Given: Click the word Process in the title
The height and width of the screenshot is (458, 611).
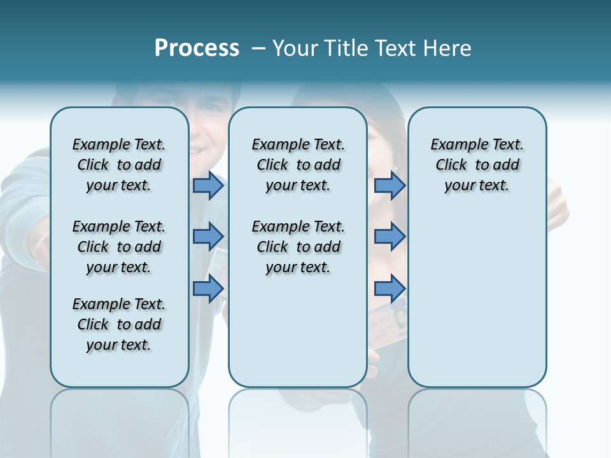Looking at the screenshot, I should coord(197,48).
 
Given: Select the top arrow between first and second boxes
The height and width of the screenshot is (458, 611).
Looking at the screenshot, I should coord(208,186).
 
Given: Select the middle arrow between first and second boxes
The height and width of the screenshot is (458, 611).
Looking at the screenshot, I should coord(208,237).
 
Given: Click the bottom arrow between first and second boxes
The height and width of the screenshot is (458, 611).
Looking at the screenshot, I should coord(208,288).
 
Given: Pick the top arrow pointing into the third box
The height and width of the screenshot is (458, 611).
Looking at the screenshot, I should coord(390,186).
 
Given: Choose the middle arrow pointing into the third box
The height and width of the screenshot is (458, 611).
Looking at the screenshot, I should coord(390,237).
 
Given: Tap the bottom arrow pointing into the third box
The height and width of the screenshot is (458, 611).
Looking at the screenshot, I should coord(390,288).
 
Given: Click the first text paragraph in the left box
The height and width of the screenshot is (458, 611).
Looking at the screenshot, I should coord(119,165).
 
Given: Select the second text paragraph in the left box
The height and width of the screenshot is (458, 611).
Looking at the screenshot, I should coord(119,247).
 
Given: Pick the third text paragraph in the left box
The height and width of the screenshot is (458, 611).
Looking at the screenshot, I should coord(119,324).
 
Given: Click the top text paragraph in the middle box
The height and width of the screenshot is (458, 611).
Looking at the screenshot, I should coord(298,165).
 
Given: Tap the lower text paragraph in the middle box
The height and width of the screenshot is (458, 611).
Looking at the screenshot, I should coord(298,247).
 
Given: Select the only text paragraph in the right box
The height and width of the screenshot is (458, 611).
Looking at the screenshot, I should coord(477,165).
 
